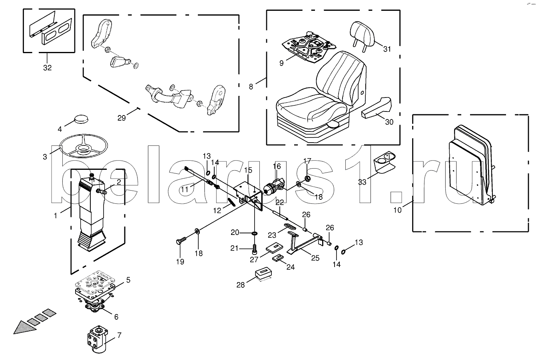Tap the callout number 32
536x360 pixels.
click(47, 68)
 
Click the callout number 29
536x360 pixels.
click(122, 117)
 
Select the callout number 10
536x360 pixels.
click(397, 210)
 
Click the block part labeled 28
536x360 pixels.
click(264, 275)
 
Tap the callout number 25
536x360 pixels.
click(315, 258)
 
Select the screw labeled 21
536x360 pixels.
click(254, 249)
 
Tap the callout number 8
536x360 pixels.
click(251, 86)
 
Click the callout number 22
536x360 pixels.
click(279, 202)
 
